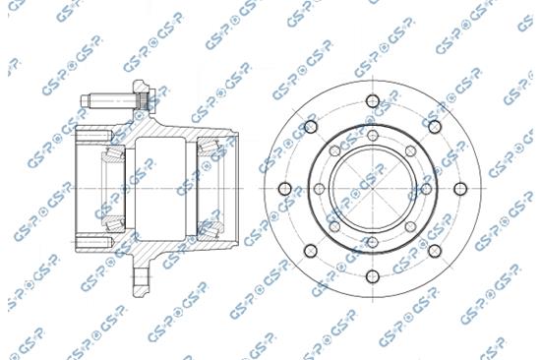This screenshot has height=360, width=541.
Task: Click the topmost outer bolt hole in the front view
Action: [x=373, y=101]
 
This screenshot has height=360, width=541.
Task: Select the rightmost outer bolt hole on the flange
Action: [x=460, y=189]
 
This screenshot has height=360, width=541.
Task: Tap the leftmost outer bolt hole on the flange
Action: [x=285, y=189]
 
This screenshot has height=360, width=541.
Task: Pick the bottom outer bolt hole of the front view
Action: [x=373, y=276]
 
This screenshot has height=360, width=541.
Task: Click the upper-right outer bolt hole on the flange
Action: [x=435, y=127]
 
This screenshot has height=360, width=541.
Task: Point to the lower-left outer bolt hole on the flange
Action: [x=311, y=251]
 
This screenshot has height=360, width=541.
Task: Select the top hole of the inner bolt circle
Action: [x=373, y=135]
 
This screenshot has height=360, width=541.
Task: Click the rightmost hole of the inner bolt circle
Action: [x=427, y=189]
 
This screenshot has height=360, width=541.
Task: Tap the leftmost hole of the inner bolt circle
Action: [x=319, y=189]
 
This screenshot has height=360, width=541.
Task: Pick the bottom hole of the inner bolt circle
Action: [x=373, y=242]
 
